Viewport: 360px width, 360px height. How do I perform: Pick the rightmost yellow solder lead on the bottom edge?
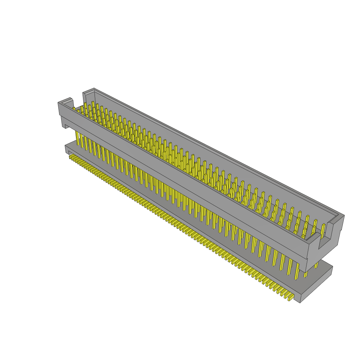click(x=291, y=297)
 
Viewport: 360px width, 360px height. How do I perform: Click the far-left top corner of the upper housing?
click(x=94, y=89)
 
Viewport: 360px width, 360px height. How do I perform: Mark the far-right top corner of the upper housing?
click(x=344, y=215)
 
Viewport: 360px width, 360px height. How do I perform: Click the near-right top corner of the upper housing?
click(x=309, y=243)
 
